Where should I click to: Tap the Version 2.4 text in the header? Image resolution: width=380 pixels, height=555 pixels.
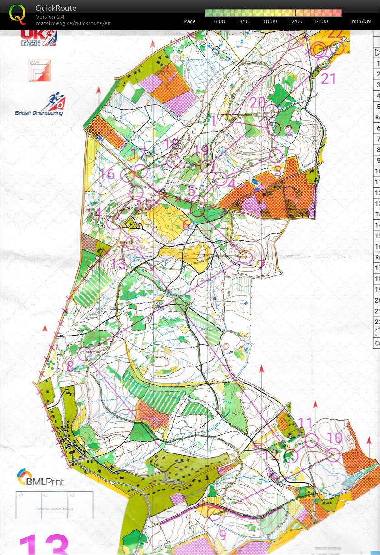click(50, 17)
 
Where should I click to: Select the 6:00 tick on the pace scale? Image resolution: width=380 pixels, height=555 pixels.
click(219, 21)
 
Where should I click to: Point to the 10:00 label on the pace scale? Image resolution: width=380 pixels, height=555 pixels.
click(270, 21)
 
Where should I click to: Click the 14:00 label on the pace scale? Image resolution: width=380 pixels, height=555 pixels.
click(320, 21)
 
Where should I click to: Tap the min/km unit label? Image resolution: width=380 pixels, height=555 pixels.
click(361, 21)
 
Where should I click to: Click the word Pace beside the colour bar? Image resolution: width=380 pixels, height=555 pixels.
click(190, 21)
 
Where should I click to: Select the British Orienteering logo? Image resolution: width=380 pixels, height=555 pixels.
click(40, 106)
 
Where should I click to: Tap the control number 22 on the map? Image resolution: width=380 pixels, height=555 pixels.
click(335, 33)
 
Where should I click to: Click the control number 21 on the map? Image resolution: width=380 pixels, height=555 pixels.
click(328, 79)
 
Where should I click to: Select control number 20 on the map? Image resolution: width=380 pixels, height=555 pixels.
click(257, 102)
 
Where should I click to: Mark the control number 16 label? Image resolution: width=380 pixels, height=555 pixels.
click(107, 174)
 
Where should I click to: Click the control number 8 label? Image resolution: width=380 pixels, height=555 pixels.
click(70, 366)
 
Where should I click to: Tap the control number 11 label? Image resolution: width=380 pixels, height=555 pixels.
click(305, 423)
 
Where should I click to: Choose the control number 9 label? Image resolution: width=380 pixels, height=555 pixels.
click(222, 534)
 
